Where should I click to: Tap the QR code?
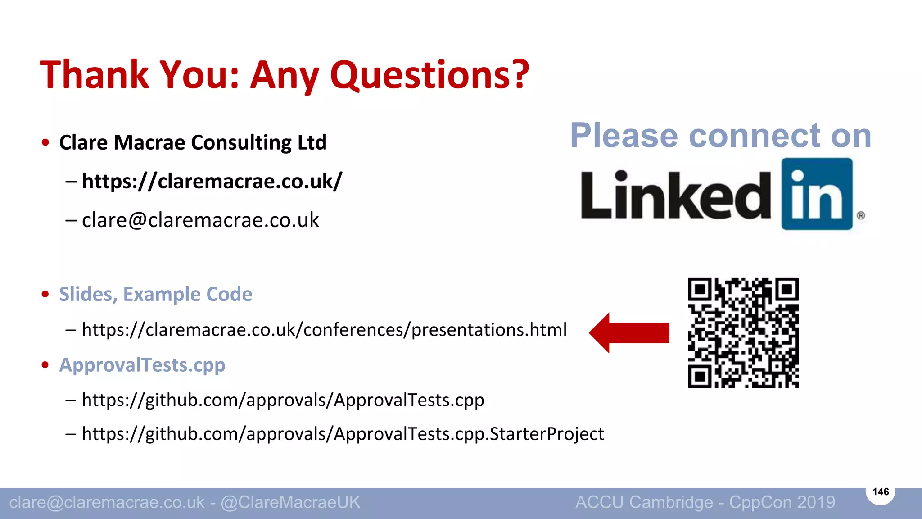click(x=743, y=333)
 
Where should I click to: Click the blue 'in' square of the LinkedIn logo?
click(x=817, y=194)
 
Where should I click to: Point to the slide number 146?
click(x=881, y=492)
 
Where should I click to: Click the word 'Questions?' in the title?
click(x=430, y=74)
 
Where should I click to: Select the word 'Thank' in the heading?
click(x=94, y=74)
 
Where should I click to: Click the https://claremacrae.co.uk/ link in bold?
click(x=212, y=181)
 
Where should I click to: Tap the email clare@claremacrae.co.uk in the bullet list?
click(x=200, y=220)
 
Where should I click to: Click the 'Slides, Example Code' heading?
click(x=155, y=294)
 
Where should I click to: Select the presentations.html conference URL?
click(x=324, y=330)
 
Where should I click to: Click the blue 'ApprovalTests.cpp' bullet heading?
click(x=142, y=365)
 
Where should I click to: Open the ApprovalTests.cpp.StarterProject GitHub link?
click(x=343, y=434)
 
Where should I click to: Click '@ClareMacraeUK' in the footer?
click(x=290, y=502)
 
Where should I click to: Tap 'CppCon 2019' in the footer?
click(x=782, y=502)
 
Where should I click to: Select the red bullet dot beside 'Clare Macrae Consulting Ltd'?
click(x=45, y=143)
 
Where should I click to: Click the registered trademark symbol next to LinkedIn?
click(x=861, y=215)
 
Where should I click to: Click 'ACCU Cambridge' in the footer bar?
click(x=644, y=502)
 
